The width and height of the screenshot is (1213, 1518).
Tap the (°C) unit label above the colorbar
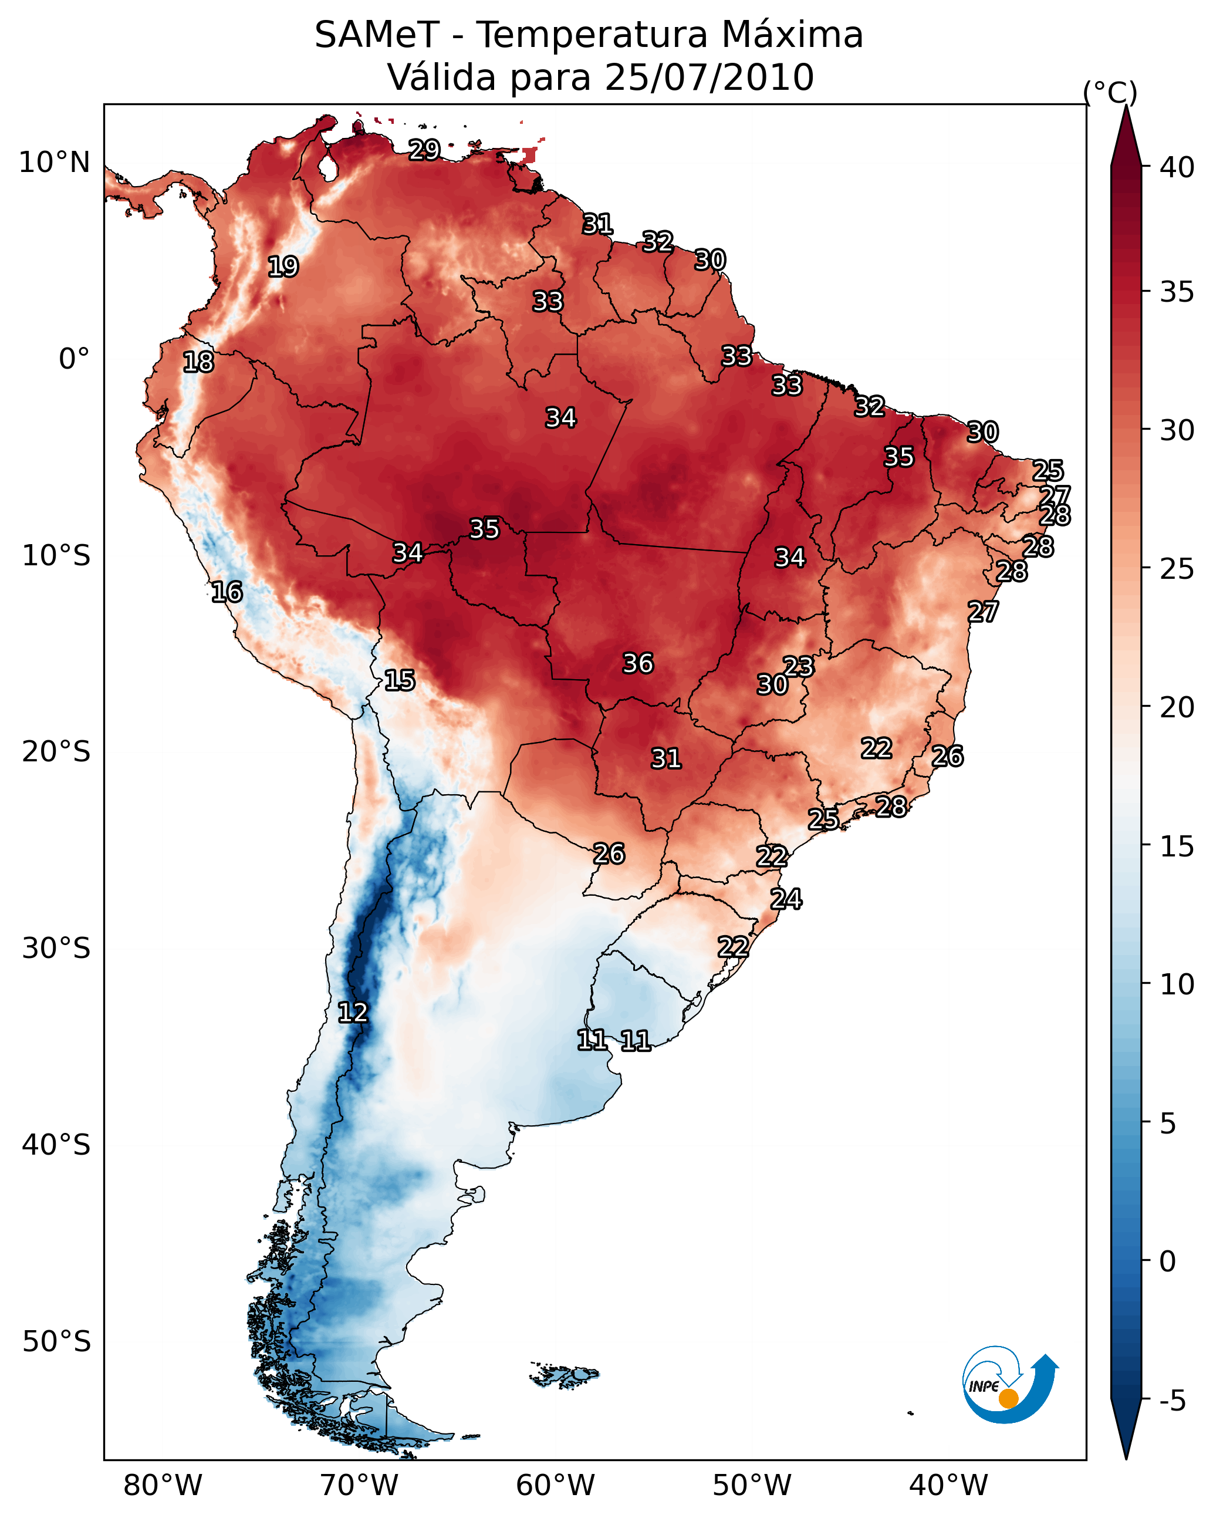[1110, 92]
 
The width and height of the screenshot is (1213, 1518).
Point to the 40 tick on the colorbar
[1177, 167]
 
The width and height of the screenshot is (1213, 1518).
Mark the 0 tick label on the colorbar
[1167, 1261]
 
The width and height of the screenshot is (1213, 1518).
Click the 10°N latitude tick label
[54, 163]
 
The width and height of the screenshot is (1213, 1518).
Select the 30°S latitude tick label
[56, 949]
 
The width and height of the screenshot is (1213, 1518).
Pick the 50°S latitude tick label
[56, 1342]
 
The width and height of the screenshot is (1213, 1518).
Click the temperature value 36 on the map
[638, 663]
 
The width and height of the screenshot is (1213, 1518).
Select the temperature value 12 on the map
[353, 1013]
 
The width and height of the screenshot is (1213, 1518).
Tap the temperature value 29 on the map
[424, 150]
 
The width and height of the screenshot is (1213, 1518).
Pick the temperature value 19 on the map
[283, 267]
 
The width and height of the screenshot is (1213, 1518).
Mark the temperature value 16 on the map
[227, 592]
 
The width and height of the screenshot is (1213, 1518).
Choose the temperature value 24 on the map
[786, 899]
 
